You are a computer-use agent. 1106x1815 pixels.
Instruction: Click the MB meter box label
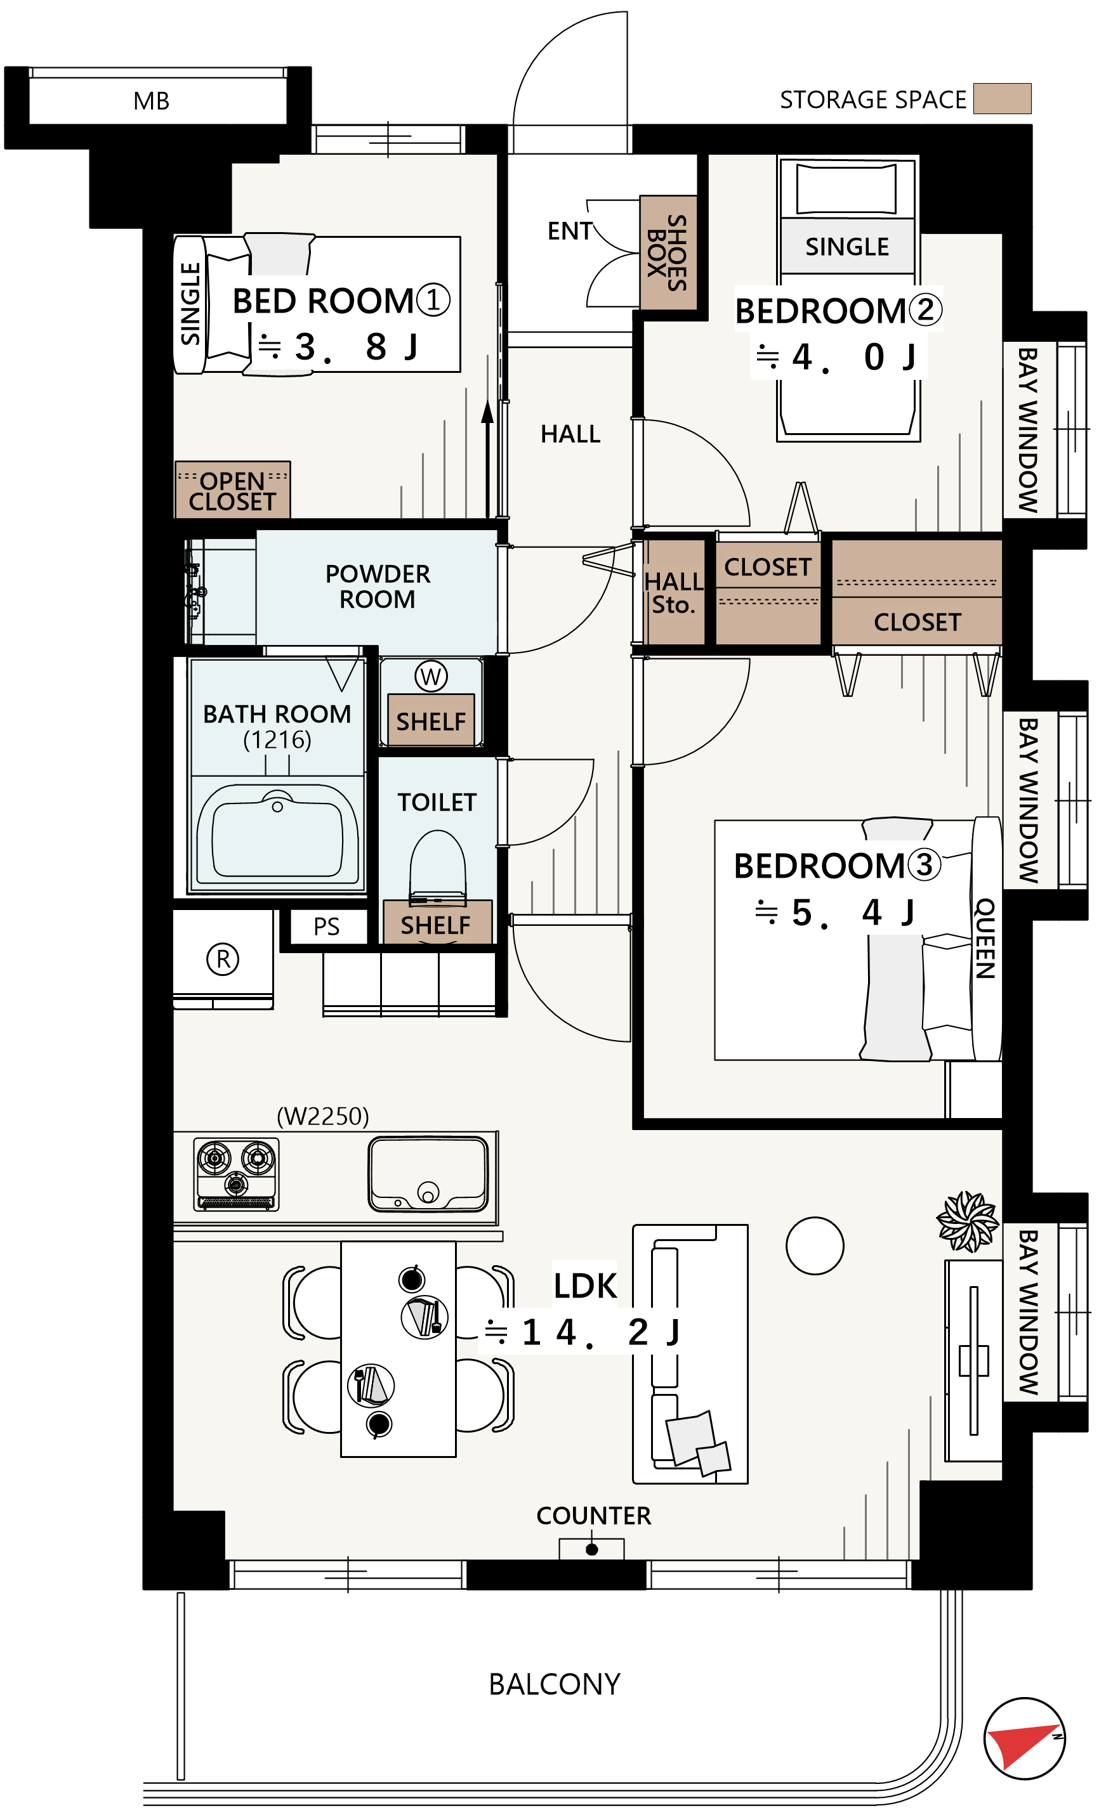tap(151, 101)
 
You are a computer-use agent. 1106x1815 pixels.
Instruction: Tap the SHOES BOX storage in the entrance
tap(668, 252)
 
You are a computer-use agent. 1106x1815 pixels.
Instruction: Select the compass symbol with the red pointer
tap(1024, 1738)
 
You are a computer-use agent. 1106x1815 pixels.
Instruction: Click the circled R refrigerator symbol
tap(223, 959)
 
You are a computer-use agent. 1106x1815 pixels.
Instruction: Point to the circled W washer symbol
tap(431, 675)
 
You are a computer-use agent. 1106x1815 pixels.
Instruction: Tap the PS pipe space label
tap(326, 927)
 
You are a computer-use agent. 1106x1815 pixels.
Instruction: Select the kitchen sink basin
tap(428, 1174)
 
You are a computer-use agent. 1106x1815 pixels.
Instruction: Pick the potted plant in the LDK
tap(968, 1221)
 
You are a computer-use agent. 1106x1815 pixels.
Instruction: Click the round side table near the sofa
tap(814, 1246)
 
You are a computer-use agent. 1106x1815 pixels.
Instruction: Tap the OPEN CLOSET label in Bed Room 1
tap(232, 491)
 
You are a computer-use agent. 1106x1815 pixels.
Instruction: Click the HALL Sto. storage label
tap(673, 593)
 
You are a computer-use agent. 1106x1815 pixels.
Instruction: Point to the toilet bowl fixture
tap(438, 868)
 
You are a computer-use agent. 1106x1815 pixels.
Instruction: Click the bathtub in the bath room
tap(277, 835)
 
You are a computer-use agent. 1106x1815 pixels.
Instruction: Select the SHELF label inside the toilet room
tap(435, 925)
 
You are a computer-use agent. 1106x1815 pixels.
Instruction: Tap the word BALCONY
tap(554, 1684)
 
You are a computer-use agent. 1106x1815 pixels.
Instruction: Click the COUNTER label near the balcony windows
tap(593, 1516)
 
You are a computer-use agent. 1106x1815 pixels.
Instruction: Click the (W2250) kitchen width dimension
tap(323, 1117)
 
